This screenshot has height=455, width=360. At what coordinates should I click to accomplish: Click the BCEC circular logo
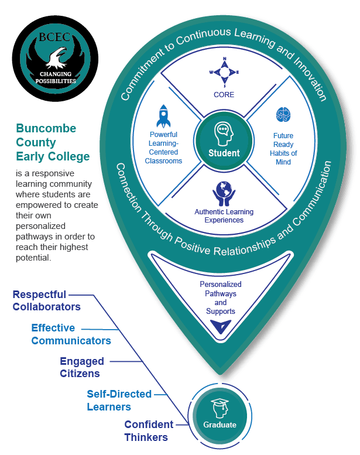click(55, 59)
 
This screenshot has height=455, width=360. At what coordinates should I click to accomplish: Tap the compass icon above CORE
click(224, 72)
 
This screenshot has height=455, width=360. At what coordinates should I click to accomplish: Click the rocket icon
click(164, 116)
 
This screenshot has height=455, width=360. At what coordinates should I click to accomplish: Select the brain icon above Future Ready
click(283, 114)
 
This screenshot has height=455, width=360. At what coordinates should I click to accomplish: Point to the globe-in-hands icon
click(224, 194)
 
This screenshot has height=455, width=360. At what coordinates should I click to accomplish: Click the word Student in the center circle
click(224, 153)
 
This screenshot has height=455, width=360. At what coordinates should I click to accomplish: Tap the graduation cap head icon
click(220, 408)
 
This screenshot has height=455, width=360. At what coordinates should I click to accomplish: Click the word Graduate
click(220, 425)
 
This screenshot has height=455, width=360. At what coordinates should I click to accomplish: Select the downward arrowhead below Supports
click(221, 327)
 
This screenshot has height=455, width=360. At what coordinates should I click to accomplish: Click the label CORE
click(224, 95)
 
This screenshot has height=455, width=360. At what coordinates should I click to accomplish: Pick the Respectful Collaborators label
click(46, 300)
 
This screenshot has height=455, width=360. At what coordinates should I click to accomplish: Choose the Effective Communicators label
click(71, 334)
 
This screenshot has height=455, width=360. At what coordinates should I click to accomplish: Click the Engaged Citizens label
click(82, 367)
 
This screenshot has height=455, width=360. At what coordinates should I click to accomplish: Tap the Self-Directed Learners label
click(119, 401)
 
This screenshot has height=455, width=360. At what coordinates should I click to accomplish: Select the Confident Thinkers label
click(149, 431)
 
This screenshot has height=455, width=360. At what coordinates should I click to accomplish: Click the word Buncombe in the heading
click(46, 128)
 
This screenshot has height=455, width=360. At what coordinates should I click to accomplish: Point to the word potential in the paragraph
click(33, 258)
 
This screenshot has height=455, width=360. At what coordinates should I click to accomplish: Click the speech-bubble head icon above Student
click(224, 134)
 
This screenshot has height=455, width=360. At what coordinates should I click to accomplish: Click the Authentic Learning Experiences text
click(224, 216)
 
